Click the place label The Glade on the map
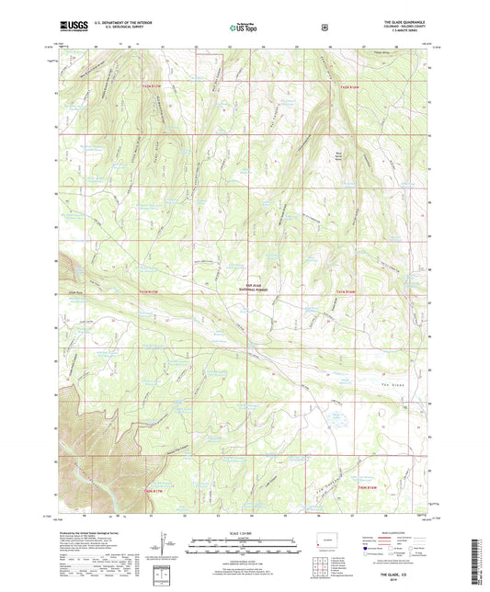pos(393,383)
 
